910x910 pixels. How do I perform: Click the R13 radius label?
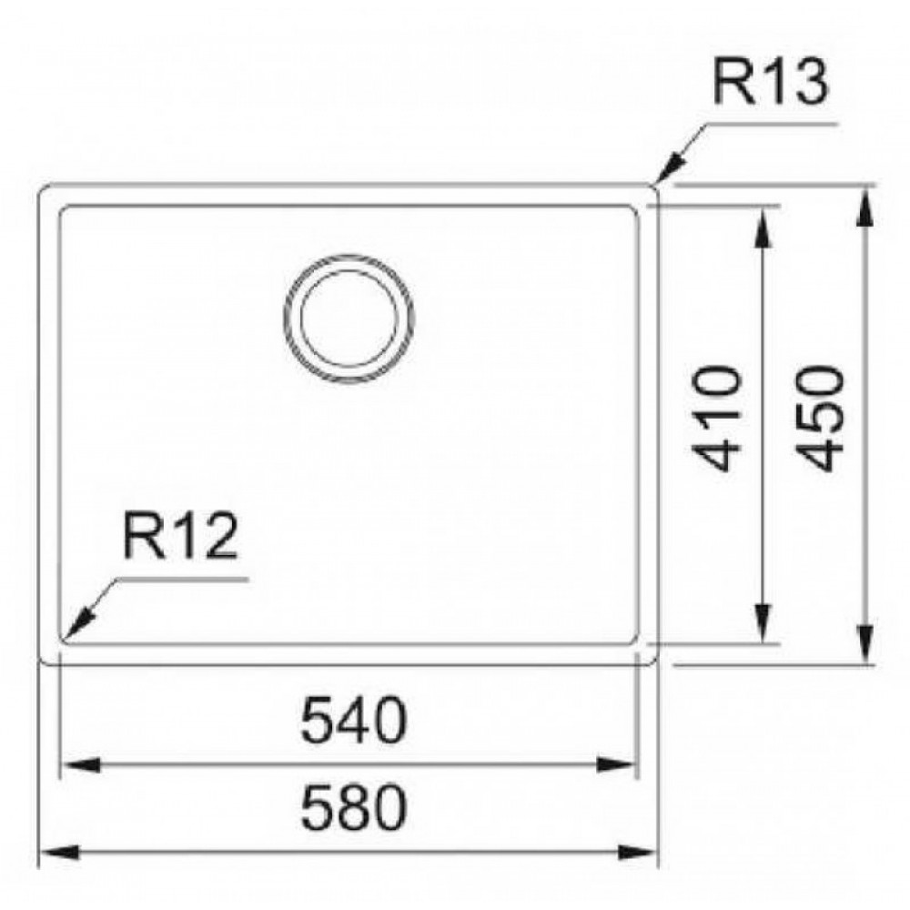click(x=770, y=83)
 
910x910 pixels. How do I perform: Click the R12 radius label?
click(x=180, y=537)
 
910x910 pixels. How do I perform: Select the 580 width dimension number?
click(x=354, y=807)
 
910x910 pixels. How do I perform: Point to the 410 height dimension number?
click(x=717, y=418)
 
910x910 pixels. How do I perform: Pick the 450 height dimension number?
click(x=821, y=418)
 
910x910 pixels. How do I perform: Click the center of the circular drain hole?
click(x=349, y=318)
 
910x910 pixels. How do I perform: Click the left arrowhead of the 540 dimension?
click(x=80, y=764)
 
